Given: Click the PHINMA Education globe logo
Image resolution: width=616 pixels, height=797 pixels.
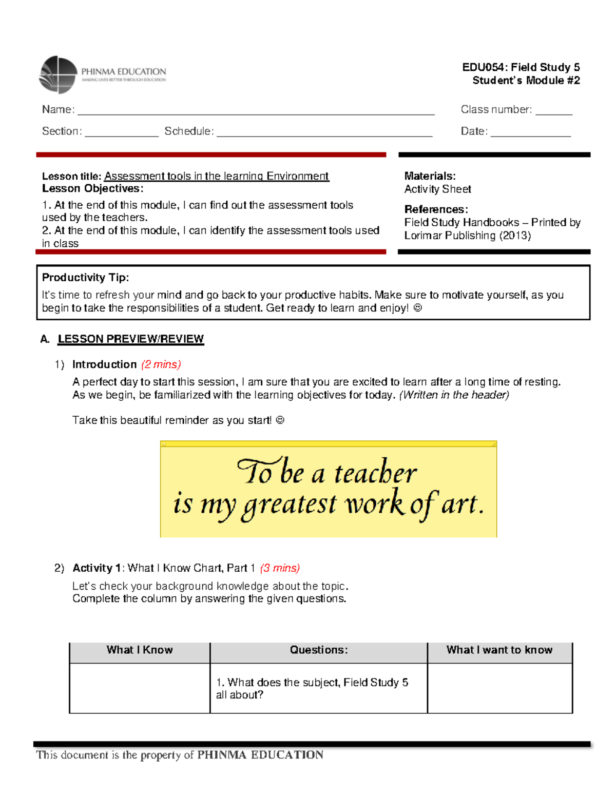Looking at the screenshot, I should click(58, 75).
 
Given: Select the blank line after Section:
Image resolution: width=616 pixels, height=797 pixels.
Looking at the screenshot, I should click(122, 133).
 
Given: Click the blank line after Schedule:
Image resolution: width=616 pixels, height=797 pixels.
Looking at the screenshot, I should click(324, 133).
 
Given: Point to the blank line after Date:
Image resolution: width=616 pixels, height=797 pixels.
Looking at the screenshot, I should click(530, 133).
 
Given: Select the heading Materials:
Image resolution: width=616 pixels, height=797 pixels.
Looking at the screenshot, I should click(430, 176).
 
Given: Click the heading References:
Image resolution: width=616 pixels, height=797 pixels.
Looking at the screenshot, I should click(436, 209).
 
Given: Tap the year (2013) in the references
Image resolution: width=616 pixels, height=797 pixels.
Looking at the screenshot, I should click(515, 236).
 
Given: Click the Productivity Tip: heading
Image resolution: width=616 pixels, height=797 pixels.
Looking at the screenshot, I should click(85, 278).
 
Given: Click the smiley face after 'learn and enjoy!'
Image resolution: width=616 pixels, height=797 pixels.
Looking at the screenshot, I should click(417, 308).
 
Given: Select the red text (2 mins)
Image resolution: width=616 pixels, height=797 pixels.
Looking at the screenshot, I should click(161, 364).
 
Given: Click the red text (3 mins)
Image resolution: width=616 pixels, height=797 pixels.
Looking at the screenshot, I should click(280, 568).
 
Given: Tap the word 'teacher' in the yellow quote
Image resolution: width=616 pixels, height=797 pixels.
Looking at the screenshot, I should click(375, 473).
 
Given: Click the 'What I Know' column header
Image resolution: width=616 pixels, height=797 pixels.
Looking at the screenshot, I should click(140, 650).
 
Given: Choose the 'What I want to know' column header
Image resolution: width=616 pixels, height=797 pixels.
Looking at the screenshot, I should click(499, 650).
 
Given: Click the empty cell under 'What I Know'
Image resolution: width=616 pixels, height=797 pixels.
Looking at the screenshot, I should click(140, 688).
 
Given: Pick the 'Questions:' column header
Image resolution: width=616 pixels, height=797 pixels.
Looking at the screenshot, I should click(318, 650).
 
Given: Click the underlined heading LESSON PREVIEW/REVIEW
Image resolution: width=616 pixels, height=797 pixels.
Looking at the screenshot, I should click(130, 339).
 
